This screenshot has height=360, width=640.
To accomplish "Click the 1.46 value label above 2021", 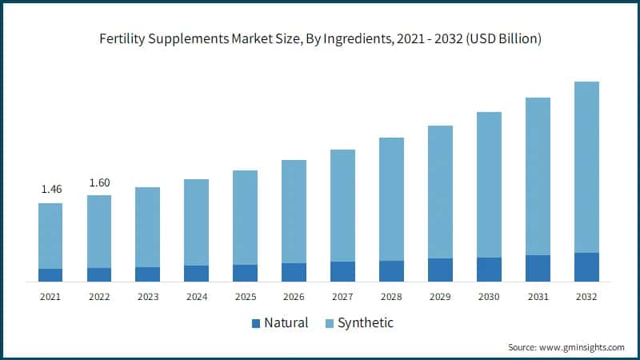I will [50, 190].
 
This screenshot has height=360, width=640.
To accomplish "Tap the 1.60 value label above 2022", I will [99, 182].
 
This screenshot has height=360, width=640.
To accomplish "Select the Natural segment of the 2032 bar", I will [586, 267].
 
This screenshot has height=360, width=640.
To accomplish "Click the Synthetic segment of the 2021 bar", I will [50, 236].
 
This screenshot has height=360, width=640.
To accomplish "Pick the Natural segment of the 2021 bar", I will [50, 274].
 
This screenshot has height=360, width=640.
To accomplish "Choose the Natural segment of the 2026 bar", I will [294, 272].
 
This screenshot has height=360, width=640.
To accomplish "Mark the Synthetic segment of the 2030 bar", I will [489, 185].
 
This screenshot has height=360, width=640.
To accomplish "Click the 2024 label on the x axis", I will [196, 297].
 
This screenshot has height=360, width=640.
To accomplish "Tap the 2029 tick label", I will [440, 297].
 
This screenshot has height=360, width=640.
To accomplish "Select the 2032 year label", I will [586, 297].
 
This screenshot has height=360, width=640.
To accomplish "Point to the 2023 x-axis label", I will [148, 297].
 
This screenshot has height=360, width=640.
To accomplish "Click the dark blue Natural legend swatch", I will [256, 323].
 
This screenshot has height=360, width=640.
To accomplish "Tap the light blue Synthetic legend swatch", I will [328, 323].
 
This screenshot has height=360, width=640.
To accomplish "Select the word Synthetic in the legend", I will [366, 323].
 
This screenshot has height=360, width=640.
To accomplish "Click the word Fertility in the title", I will [121, 38].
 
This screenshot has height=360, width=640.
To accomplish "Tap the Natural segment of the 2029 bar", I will [440, 270].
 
